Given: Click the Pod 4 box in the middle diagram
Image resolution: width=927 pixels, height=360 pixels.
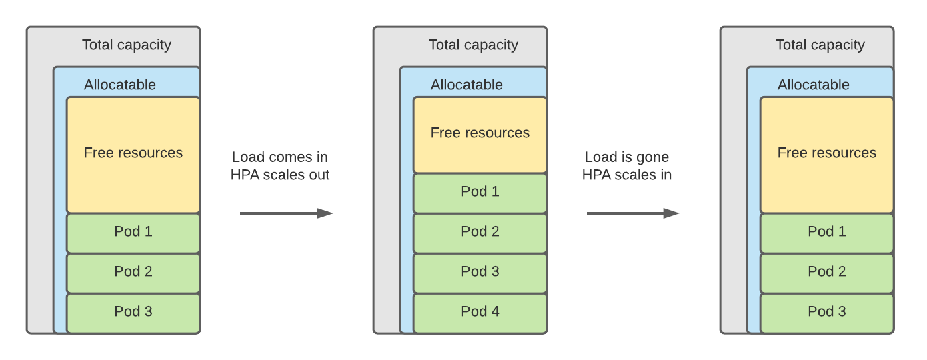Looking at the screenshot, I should click(480, 312).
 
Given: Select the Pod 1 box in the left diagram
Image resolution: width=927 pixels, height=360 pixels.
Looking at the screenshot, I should click(133, 232).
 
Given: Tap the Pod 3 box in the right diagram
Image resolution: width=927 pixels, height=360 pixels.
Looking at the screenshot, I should click(826, 312).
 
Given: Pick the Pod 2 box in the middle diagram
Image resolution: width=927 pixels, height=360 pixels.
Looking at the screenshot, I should click(480, 232).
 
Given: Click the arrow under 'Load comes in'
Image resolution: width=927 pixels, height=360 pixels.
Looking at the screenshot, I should click(286, 213).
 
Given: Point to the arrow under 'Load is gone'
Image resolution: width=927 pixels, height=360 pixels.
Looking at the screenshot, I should click(633, 213).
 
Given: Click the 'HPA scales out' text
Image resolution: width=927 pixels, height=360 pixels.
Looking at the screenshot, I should click(280, 175).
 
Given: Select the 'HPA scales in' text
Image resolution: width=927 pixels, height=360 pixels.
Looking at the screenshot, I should click(627, 175).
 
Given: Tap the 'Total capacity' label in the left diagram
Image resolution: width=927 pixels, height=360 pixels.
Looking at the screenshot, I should click(127, 45).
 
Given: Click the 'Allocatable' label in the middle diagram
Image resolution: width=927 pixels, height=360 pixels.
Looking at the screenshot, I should click(467, 85).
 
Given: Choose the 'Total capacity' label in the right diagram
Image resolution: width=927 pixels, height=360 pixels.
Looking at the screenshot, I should click(820, 45).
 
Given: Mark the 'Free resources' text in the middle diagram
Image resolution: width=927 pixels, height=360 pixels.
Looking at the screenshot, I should click(480, 133).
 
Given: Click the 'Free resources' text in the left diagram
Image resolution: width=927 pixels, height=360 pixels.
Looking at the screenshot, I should click(133, 153).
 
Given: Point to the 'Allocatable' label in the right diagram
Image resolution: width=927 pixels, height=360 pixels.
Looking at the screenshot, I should click(814, 85).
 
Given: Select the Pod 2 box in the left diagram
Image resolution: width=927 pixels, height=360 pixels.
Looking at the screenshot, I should click(133, 272).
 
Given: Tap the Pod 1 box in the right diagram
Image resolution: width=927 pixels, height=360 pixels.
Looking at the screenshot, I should click(826, 232).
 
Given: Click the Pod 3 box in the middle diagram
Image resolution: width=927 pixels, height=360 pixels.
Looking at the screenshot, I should click(480, 272).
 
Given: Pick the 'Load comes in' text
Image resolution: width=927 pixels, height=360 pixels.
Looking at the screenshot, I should click(280, 157).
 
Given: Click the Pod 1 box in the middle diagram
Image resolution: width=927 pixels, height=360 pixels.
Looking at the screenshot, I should click(480, 192).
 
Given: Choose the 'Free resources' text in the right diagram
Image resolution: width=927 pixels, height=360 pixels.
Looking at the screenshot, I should click(827, 153).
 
